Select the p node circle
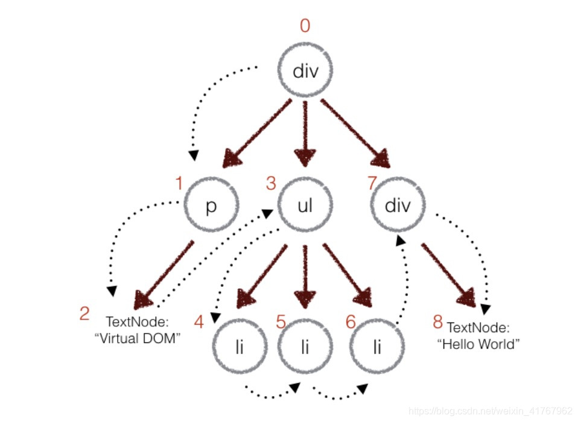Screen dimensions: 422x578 pyautogui.click(x=211, y=206)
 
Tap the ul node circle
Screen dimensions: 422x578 pyautogui.click(x=305, y=206)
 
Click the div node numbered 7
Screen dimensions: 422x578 pyautogui.click(x=398, y=206)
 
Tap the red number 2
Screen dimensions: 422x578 pyautogui.click(x=85, y=313)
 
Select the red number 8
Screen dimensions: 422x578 pyautogui.click(x=438, y=322)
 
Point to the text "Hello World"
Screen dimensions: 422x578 pyautogui.click(x=478, y=344)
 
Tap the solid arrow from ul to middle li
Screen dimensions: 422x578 pyautogui.click(x=305, y=274)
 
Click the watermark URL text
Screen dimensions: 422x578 pyautogui.click(x=490, y=411)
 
